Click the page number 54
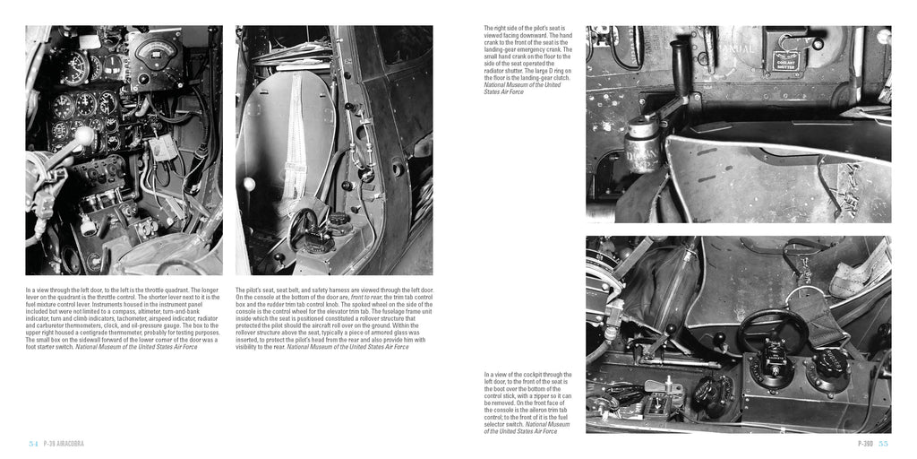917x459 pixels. [x=33, y=443]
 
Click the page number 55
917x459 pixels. [x=883, y=443]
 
